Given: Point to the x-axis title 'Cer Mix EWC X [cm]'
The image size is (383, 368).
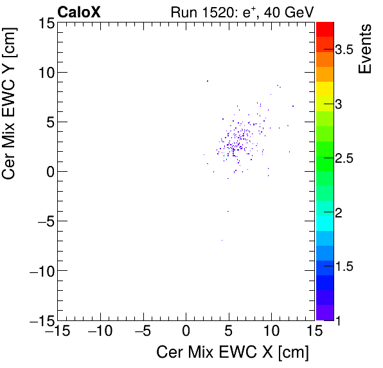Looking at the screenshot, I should (233, 353).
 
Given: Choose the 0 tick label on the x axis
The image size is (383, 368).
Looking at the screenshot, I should (186, 331).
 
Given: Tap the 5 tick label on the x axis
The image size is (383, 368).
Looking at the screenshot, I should (229, 331).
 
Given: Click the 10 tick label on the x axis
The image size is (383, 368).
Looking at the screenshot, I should (271, 331).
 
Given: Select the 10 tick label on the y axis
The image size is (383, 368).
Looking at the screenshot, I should (44, 72).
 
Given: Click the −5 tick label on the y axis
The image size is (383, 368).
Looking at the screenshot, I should (42, 221).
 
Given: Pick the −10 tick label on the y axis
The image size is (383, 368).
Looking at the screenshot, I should (39, 270).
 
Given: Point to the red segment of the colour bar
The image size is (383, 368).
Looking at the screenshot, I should (325, 28).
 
